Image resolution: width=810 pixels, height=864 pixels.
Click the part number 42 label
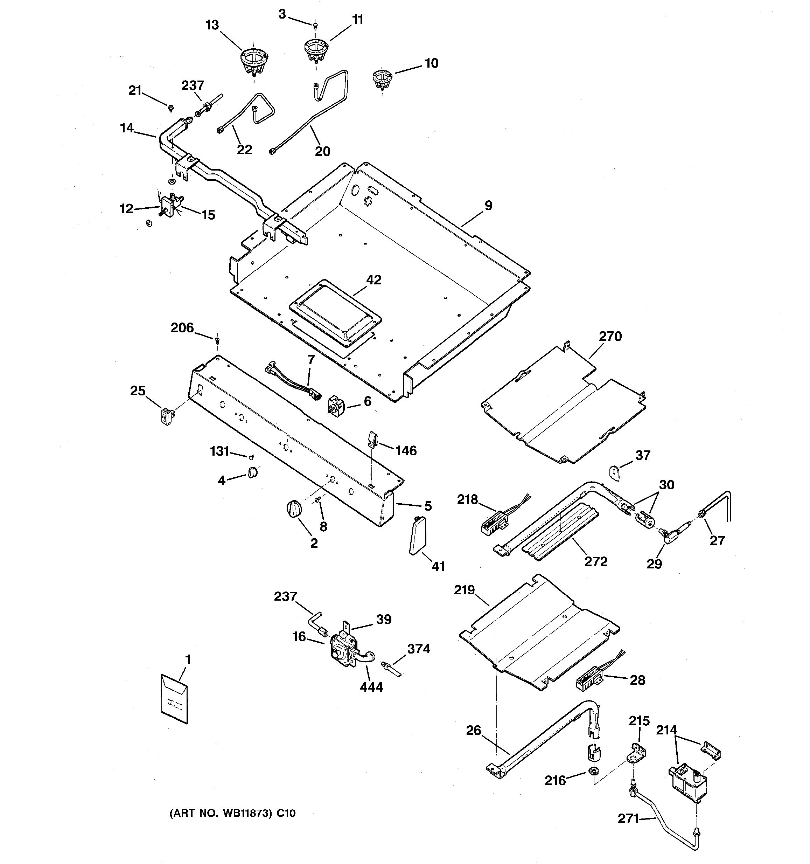pos(373,280)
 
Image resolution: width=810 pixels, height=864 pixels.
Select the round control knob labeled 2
pos(294,509)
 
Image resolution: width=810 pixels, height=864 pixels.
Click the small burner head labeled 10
pos(382,80)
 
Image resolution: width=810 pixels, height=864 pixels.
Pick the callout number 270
pos(610,336)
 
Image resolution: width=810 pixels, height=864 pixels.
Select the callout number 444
pos(371,687)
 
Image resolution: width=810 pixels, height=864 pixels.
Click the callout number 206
pos(182,328)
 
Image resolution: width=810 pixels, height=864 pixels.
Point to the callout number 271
pos(628,819)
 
